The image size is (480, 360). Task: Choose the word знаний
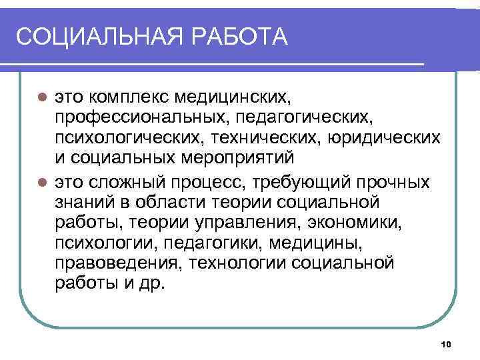point(85,201)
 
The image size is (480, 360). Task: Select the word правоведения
point(119,263)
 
